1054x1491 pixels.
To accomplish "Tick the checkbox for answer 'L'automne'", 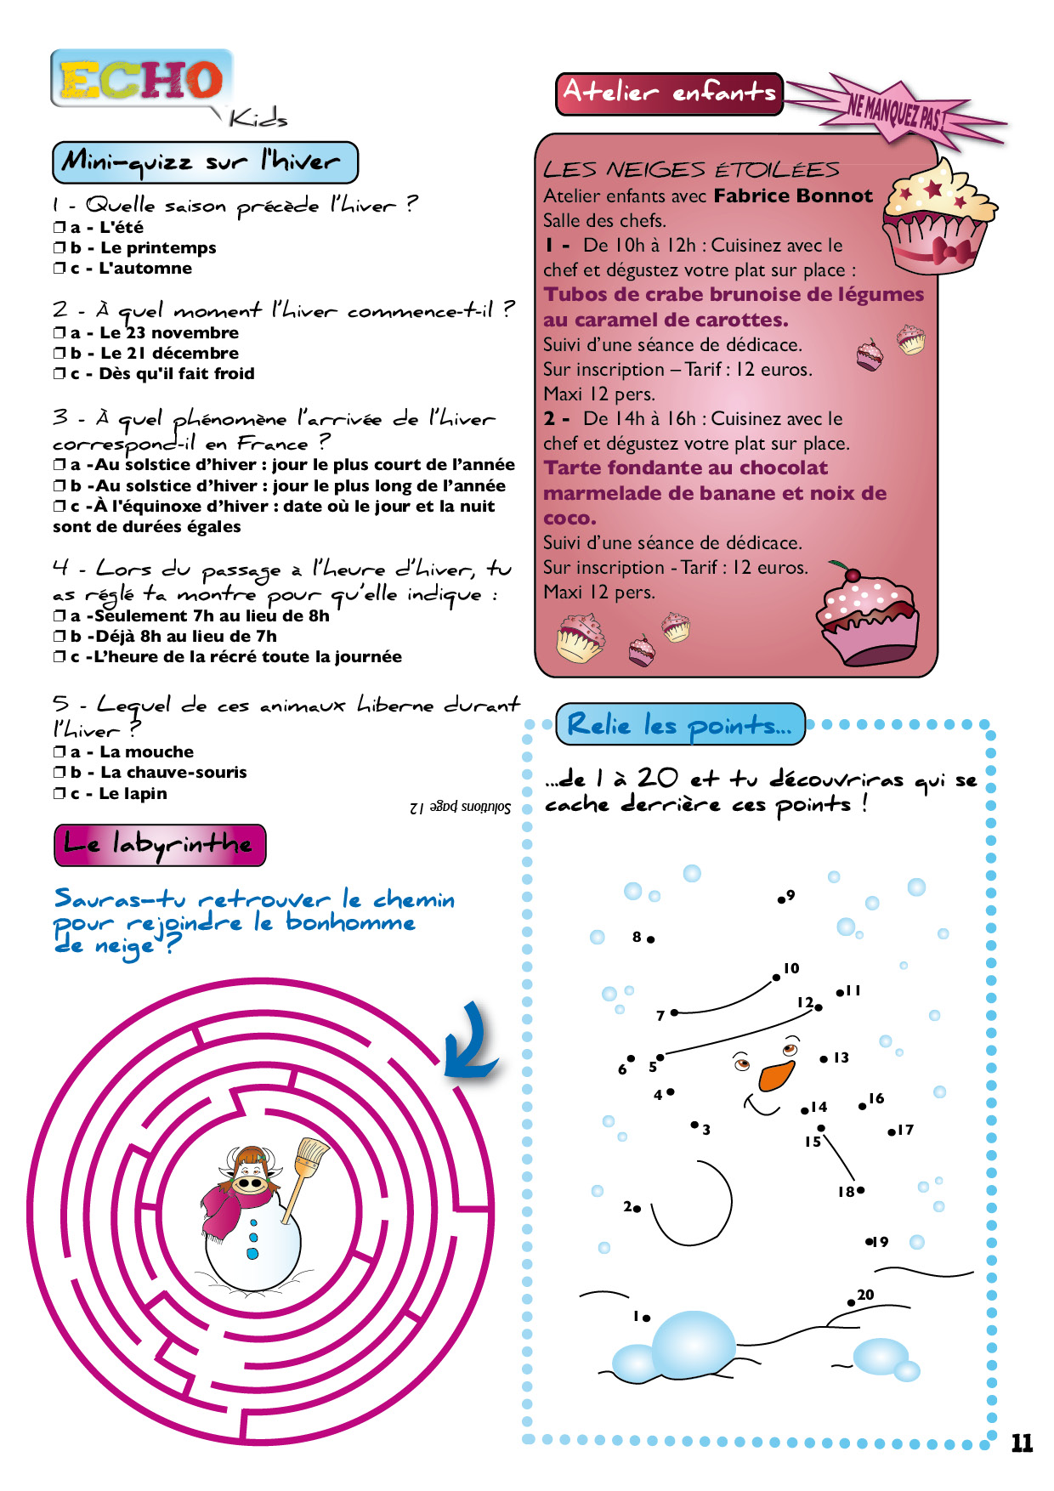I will pos(59,269).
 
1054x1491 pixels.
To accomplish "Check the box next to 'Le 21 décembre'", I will pos(59,354).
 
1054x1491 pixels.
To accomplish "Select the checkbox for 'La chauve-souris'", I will pos(59,773).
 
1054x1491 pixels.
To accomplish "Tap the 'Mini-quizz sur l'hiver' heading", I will pos(204,162).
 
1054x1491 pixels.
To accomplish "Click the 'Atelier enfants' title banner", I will pos(669,93).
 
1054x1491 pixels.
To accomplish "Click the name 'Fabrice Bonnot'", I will pos(794,196).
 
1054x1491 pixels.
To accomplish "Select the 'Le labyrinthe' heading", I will pos(160,844).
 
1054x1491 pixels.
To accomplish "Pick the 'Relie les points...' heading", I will pos(679,724).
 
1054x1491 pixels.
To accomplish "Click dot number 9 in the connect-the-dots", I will pos(781,899).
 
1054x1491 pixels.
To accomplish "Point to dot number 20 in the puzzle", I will pos(851,1302).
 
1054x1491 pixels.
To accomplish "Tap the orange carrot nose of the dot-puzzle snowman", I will pos(777,1074).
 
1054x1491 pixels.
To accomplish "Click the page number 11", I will pos(1021,1443).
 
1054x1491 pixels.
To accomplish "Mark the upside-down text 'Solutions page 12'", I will pos(460,807).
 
